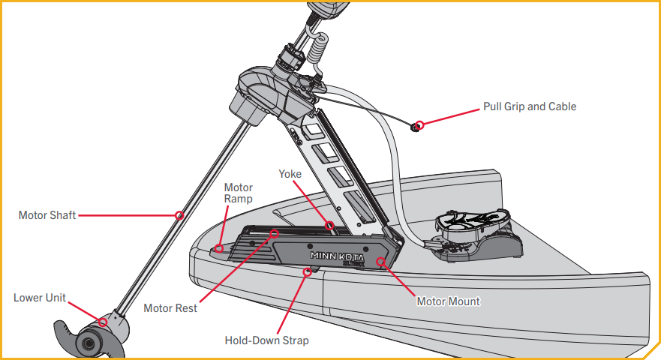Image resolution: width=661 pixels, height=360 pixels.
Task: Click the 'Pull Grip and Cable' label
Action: [x=530, y=106]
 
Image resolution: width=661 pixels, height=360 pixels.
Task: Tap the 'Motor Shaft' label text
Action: [x=47, y=215]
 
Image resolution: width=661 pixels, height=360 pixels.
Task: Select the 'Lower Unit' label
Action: [x=39, y=298]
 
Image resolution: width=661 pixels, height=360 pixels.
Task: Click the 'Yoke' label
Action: [x=290, y=174]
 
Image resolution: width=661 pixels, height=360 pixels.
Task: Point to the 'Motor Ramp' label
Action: [x=239, y=193]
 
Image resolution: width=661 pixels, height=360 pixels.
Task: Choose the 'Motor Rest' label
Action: [x=170, y=308]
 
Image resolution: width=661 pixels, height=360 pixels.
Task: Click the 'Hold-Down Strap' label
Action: [x=266, y=340]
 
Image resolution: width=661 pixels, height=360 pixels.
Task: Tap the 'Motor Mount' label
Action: [x=448, y=301]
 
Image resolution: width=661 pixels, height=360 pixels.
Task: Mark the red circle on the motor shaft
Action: [x=179, y=215]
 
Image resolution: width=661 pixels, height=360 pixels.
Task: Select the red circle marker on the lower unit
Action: [x=103, y=322]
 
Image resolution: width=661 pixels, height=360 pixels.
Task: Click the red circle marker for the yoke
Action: [x=329, y=224]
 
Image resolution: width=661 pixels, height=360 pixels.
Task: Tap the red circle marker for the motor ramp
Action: [x=218, y=247]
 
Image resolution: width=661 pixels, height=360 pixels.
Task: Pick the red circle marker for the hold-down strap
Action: [x=305, y=272]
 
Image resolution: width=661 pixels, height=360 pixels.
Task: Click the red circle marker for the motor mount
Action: [x=381, y=262]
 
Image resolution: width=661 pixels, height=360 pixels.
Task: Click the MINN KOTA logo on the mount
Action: [x=337, y=255]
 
